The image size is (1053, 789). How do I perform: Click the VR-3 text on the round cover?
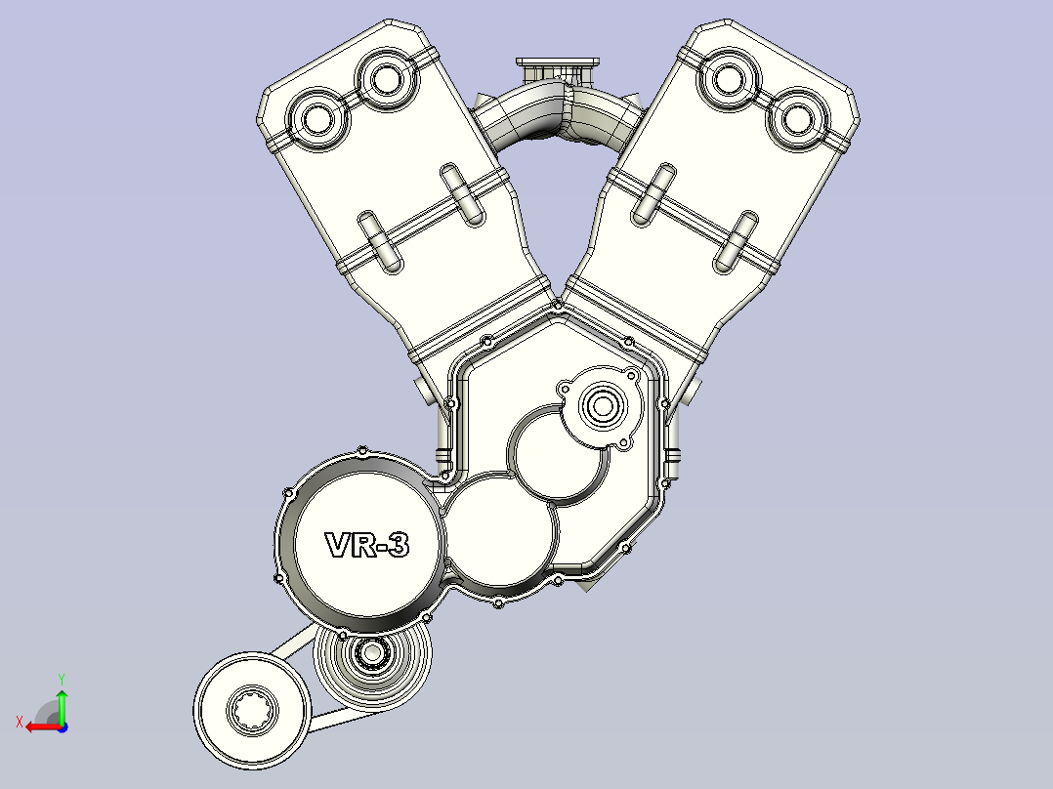pyautogui.click(x=366, y=545)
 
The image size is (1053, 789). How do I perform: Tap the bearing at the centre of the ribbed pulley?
pyautogui.click(x=371, y=652)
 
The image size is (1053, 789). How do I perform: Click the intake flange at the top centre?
pyautogui.click(x=558, y=68)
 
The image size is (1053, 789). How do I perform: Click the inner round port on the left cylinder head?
pyautogui.click(x=384, y=78)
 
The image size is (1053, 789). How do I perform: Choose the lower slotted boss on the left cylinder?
pyautogui.click(x=379, y=240)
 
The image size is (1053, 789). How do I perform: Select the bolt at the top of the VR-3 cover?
pyautogui.click(x=362, y=451)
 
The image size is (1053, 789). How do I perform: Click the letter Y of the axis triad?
pyautogui.click(x=61, y=677)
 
